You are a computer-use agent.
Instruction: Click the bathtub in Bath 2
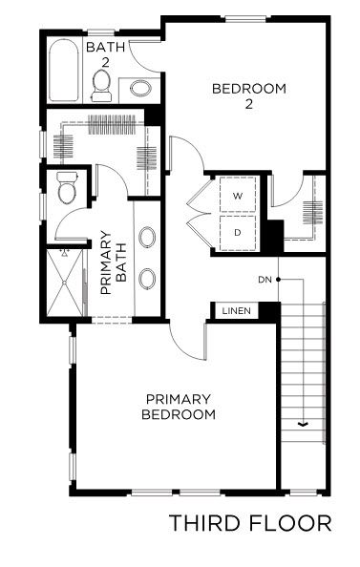coord(63,70)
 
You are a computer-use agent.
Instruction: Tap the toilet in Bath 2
coord(101,86)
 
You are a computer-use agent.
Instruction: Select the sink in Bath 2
coord(140,88)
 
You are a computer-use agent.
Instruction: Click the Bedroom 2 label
coord(249,95)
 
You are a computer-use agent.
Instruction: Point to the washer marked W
coord(238,196)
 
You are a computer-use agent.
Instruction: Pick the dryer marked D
coord(238,233)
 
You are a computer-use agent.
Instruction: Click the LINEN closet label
coord(236,311)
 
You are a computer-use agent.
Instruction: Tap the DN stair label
coord(265,280)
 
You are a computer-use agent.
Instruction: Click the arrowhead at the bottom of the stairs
coord(302,424)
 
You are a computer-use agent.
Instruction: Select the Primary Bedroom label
coord(179,407)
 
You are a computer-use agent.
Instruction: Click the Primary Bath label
coord(114,262)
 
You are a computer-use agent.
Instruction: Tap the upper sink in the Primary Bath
coord(147,238)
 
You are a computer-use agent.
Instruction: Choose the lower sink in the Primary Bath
coord(147,279)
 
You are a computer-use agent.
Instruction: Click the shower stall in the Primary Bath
coord(65,283)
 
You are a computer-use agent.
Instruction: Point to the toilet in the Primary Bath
coord(67,188)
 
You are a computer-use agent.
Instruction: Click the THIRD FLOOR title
coord(250,523)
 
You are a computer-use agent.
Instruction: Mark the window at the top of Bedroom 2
coord(245,19)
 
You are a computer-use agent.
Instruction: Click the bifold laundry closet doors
coord(199,214)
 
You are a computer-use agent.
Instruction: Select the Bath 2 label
coord(106,54)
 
